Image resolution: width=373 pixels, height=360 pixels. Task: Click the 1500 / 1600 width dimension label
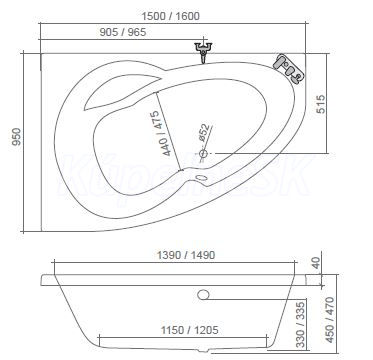[x=170, y=16]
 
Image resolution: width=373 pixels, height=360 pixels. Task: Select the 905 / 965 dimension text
[x=123, y=32]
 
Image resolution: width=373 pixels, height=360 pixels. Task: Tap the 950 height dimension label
[x=16, y=137]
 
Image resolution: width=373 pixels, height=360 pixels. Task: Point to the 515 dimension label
[x=320, y=104]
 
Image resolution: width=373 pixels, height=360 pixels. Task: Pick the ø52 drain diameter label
[x=204, y=133]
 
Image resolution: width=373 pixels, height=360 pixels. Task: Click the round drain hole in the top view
[x=203, y=154]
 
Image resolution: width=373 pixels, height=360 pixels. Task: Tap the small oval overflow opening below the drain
[x=202, y=178]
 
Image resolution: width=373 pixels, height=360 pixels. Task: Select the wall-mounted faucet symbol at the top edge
[x=203, y=51]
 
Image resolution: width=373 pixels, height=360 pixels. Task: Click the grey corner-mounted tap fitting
[x=289, y=69]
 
